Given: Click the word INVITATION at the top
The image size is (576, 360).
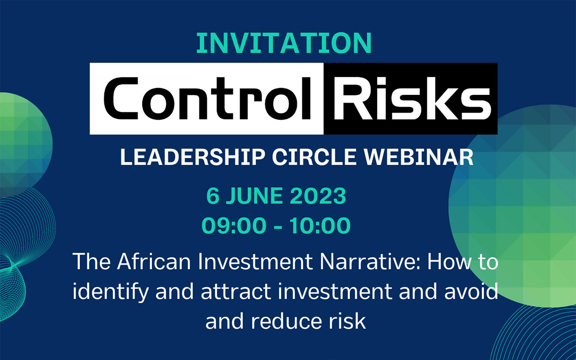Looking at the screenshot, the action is (284, 43).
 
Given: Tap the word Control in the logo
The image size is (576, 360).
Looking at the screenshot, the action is (207, 99).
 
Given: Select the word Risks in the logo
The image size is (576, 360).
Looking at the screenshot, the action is (412, 99).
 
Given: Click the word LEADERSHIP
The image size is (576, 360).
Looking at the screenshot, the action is (193, 157).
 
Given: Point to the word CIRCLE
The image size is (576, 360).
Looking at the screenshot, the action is (314, 157).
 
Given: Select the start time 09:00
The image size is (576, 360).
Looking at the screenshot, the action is (234, 225).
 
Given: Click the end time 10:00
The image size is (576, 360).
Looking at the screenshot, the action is (320, 225).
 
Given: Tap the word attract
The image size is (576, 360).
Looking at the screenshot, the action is (236, 292).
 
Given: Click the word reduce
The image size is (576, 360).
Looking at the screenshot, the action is (287, 321).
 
